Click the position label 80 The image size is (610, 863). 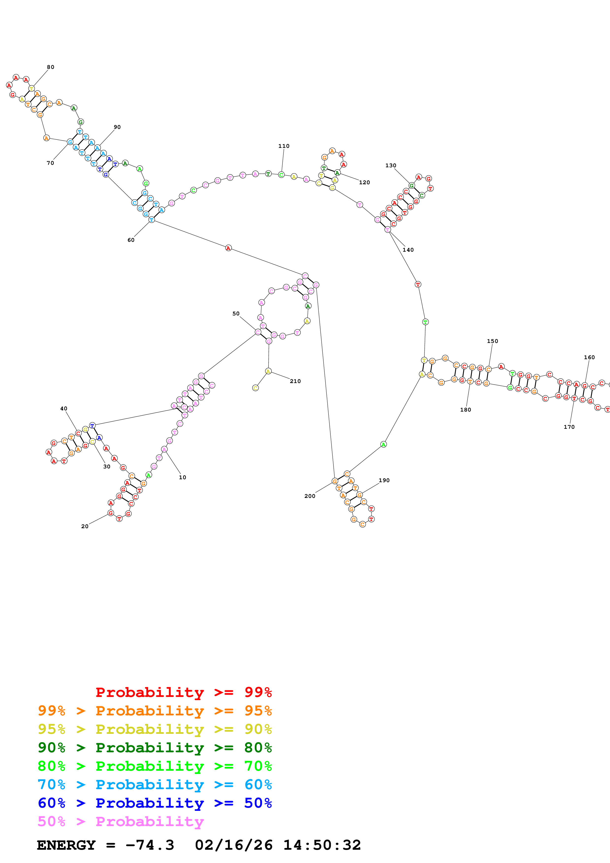(50, 67)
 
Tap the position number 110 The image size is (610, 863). (284, 146)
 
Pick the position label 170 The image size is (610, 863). (569, 427)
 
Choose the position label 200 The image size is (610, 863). (310, 496)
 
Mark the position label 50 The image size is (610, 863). (236, 313)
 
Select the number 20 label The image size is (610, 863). (85, 526)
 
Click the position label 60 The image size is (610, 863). (131, 240)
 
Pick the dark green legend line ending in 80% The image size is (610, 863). (155, 748)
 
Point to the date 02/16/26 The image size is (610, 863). (234, 845)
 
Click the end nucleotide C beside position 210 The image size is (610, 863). (255, 388)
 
